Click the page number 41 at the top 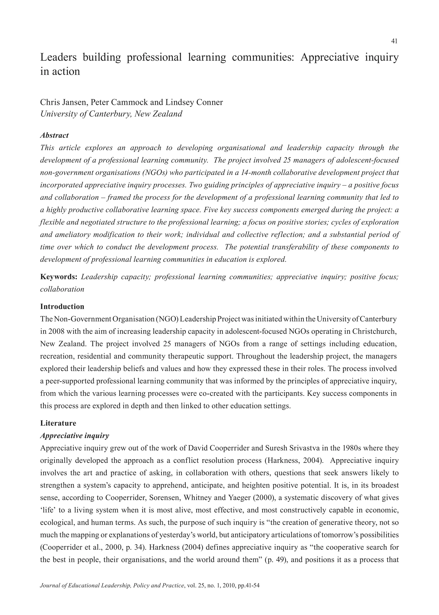394,41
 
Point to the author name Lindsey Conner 194,103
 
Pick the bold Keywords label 59,277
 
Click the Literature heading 58,423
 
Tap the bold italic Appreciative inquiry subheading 75,435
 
